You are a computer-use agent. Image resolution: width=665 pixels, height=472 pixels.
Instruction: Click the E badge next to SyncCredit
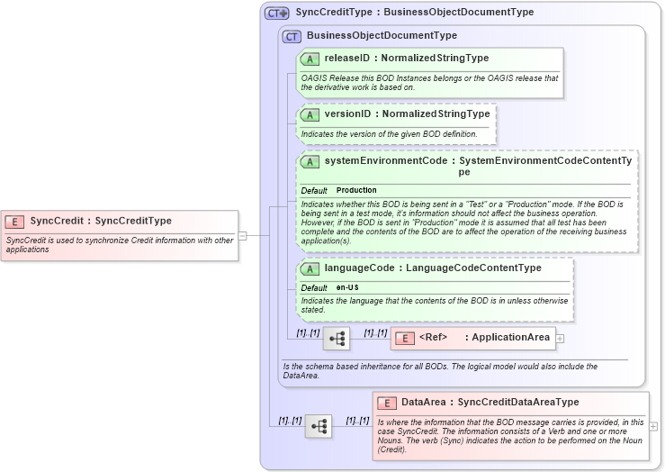coord(14,221)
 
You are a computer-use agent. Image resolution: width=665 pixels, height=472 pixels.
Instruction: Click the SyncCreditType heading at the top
coord(414,13)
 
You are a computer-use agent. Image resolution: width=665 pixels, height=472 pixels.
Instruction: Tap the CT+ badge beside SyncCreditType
coord(276,13)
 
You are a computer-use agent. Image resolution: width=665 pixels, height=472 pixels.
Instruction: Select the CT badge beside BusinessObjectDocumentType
coord(292,36)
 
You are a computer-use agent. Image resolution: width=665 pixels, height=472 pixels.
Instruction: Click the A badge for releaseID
coord(310,59)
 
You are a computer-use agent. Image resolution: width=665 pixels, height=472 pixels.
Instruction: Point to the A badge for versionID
coord(310,114)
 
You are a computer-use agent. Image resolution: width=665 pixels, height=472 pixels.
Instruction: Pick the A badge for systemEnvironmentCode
coord(310,161)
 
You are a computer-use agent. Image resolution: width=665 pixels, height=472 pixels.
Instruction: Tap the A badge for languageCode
coord(310,268)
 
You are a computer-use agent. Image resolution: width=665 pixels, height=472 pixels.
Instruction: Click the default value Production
coord(356,191)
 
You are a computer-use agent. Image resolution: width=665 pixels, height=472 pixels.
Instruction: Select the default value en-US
coord(347,287)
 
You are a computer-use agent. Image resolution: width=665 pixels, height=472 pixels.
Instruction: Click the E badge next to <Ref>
coord(404,338)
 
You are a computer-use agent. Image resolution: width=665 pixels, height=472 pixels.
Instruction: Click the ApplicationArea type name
coord(510,338)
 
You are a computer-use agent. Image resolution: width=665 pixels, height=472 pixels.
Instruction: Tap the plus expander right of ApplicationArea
coord(560,339)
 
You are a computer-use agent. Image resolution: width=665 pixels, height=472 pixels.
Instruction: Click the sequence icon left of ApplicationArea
coord(337,339)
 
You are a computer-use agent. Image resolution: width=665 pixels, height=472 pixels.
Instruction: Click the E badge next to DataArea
coord(387,403)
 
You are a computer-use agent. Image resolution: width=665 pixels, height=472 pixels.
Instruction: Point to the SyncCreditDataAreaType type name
coord(518,403)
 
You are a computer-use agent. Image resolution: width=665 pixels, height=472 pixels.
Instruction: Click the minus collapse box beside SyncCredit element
coord(242,236)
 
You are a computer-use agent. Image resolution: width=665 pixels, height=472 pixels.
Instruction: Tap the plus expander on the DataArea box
coord(653,426)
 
